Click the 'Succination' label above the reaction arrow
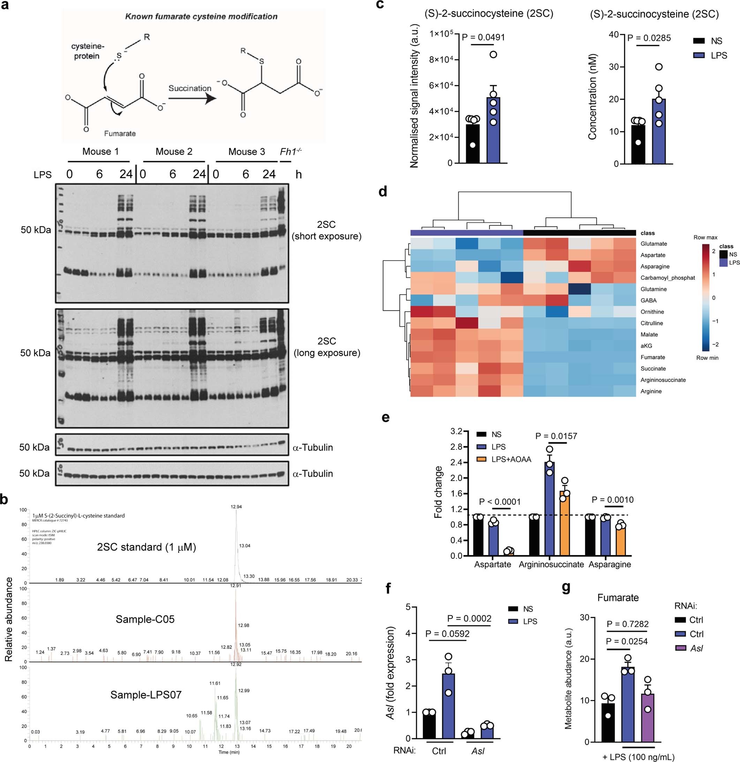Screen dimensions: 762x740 [x=189, y=88]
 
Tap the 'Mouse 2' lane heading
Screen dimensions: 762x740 [x=174, y=152]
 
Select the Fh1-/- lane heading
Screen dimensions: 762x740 [x=290, y=151]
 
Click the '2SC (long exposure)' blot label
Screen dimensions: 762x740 [x=326, y=347]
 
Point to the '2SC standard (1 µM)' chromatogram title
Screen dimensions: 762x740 [x=146, y=547]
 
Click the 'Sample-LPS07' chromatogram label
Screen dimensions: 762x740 [x=146, y=695]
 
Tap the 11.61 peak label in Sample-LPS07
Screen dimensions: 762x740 [x=215, y=683]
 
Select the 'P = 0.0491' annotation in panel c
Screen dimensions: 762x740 [x=483, y=37]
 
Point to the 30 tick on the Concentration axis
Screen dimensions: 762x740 [x=613, y=67]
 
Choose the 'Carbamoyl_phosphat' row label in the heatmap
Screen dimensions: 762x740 [x=667, y=278]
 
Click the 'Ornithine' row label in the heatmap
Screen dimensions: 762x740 [x=652, y=312]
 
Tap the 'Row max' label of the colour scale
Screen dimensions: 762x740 [x=705, y=237]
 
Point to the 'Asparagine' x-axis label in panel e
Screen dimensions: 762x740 [x=610, y=564]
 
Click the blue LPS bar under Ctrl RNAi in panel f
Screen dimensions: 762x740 [x=448, y=706]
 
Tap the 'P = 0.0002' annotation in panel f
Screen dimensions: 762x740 [x=469, y=618]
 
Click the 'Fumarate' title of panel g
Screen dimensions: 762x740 [x=618, y=598]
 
